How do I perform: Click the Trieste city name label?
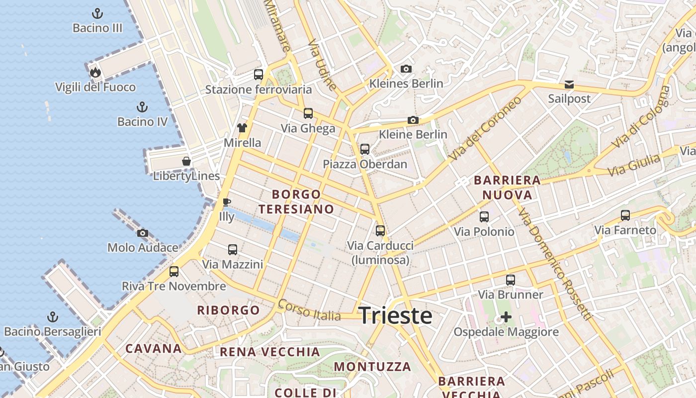pos(395,316)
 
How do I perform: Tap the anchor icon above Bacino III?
pos(97,13)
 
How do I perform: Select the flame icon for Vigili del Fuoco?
pos(95,73)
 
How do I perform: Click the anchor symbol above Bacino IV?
pos(142,107)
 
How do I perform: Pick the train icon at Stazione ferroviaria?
pos(259,75)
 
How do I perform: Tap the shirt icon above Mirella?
pos(242,128)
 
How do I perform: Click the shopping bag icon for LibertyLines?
pos(186,161)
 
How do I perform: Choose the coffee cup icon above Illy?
pos(226,202)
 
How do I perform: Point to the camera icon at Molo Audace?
pos(143,233)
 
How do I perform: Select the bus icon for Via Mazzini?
pos(232,250)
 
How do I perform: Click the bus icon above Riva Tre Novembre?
pos(174,272)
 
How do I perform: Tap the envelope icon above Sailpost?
pos(569,84)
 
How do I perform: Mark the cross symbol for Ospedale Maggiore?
pos(506,317)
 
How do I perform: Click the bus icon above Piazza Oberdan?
pos(365,149)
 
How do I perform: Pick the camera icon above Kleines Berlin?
pos(406,69)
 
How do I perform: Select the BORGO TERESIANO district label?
pos(296,201)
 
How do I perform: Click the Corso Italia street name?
pos(309,309)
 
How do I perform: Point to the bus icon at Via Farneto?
pos(625,215)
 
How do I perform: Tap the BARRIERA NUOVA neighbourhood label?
pos(507,187)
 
